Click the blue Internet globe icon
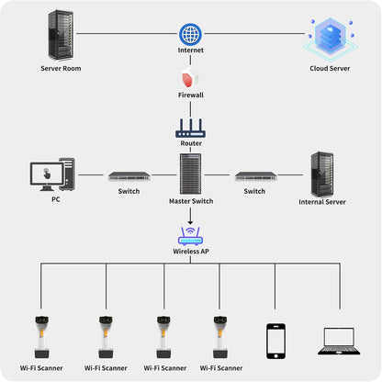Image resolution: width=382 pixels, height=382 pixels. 190,34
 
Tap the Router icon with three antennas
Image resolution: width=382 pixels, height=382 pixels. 190,129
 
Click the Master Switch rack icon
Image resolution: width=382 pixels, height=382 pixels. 190,174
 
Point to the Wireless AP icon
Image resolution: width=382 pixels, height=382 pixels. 190,236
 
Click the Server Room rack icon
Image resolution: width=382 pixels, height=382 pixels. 61,35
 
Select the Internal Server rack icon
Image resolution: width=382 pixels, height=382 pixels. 322,174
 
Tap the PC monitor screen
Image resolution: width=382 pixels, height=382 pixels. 47,174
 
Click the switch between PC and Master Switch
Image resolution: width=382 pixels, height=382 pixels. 129,176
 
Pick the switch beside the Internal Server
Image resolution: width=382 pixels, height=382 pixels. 256,176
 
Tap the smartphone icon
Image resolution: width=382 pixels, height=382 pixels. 275,341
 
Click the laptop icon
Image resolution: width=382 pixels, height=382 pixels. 339,342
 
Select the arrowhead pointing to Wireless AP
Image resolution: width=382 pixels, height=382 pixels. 190,222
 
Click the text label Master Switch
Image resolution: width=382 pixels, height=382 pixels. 191,201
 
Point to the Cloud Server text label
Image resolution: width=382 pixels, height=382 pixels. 330,68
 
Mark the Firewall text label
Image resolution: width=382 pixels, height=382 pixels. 191,95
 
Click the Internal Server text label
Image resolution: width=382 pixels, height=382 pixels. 322,202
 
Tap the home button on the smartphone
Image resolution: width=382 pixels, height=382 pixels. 275,356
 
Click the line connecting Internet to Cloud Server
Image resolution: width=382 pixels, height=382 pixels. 254,33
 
